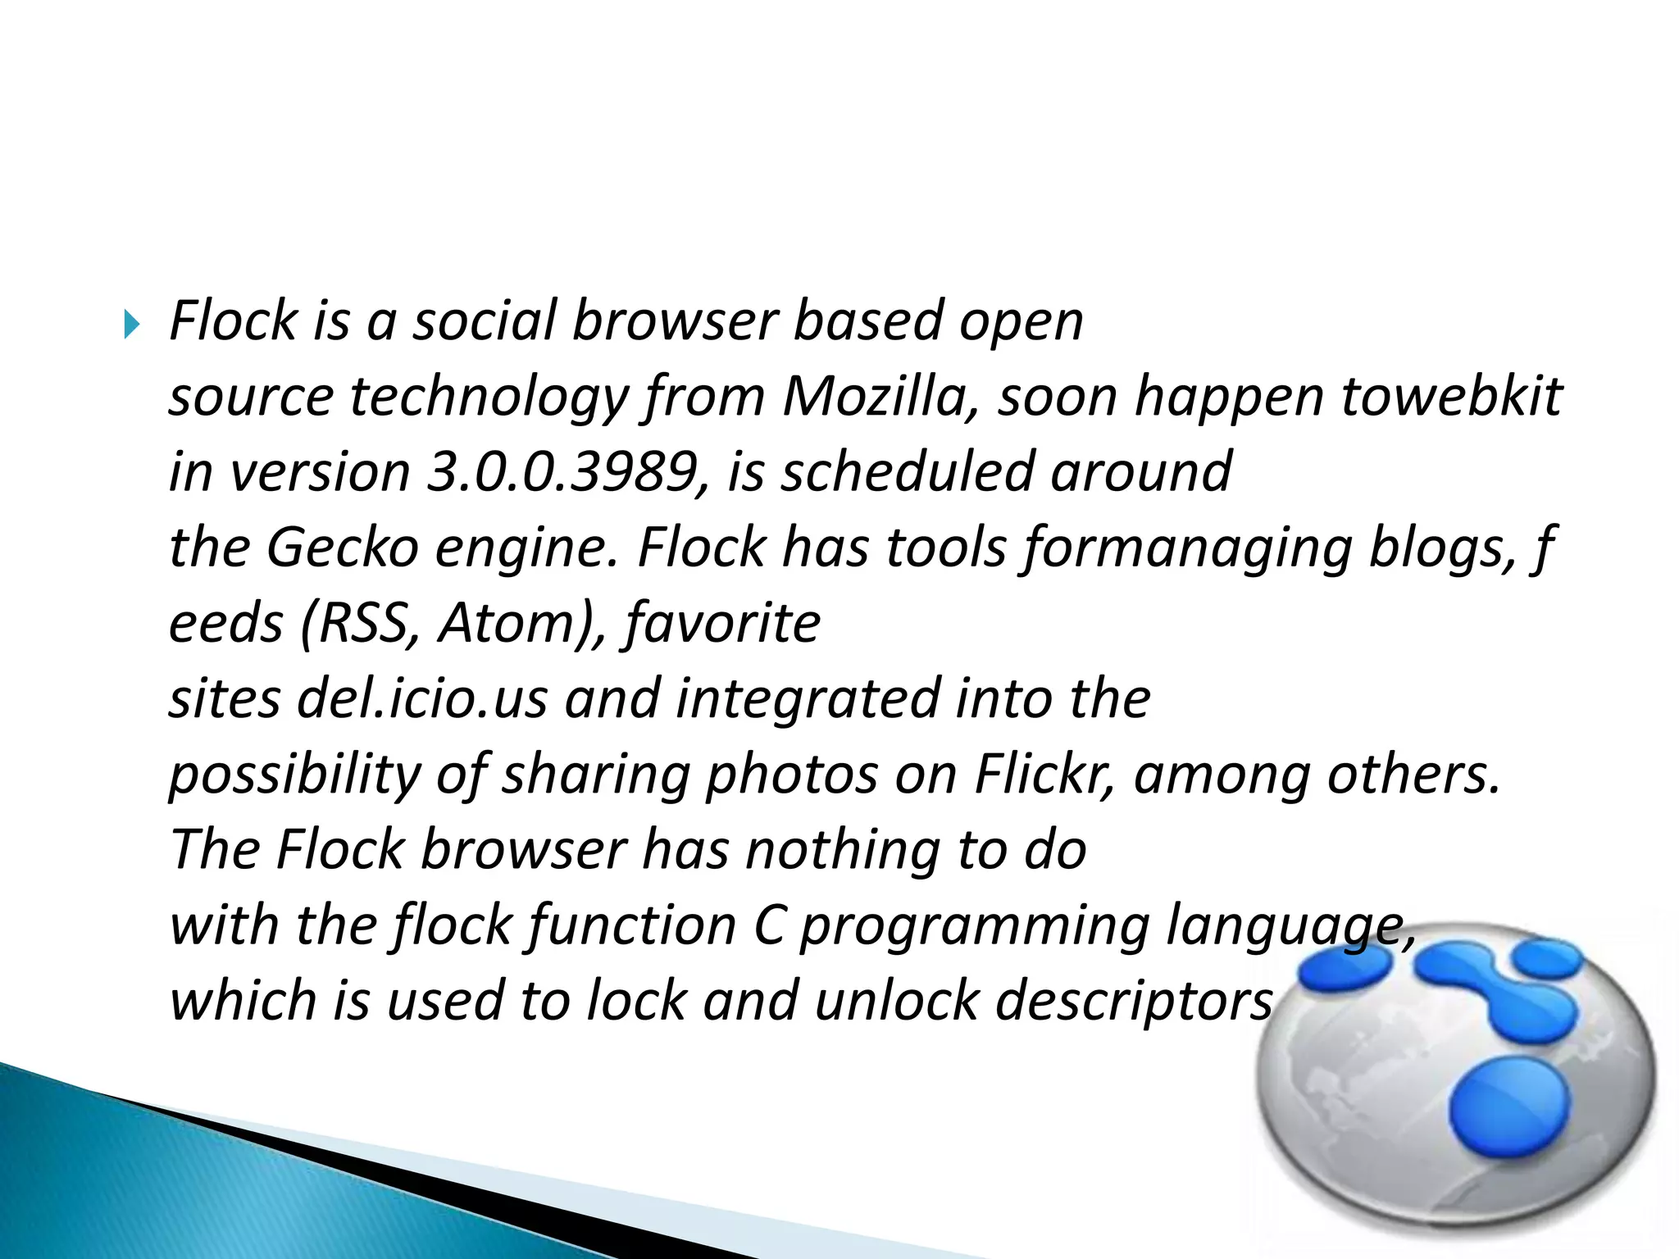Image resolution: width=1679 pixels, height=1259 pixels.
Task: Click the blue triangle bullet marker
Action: coord(132,325)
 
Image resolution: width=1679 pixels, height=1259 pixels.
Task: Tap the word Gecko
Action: coord(342,548)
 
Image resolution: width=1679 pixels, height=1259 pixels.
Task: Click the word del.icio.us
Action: coord(422,699)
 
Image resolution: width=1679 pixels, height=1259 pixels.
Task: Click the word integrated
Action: coord(808,699)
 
